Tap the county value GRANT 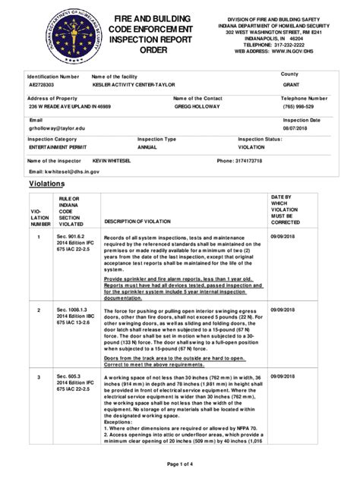[x=291, y=86]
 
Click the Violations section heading [x=46, y=184]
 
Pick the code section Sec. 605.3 [x=65, y=376]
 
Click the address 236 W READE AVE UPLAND [x=68, y=108]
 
